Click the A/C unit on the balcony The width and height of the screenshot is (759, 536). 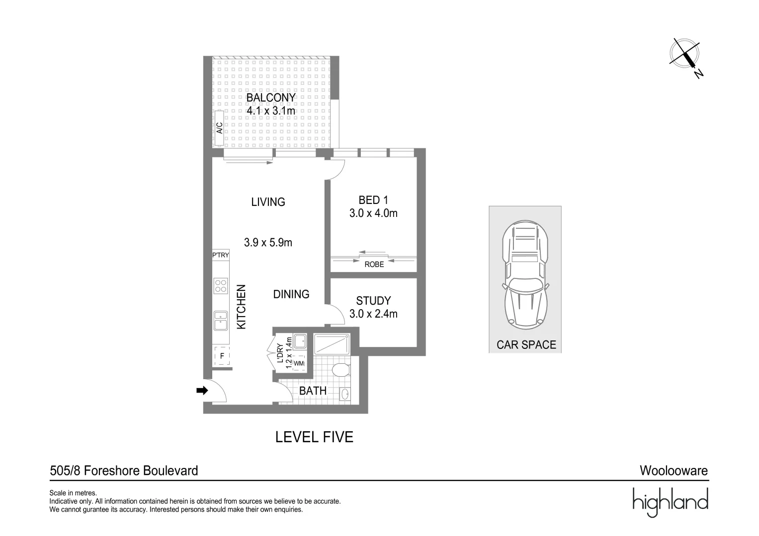click(219, 128)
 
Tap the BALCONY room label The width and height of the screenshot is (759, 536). click(271, 98)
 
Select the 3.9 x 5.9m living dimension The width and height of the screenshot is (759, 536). click(268, 243)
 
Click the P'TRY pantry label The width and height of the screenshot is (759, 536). click(221, 255)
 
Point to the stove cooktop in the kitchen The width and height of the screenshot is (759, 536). click(221, 285)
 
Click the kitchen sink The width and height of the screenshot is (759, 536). click(221, 321)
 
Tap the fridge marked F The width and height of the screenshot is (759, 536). click(222, 356)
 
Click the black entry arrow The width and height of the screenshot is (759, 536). click(202, 391)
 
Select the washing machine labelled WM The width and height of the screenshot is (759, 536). click(299, 363)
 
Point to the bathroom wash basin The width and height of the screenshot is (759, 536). click(344, 395)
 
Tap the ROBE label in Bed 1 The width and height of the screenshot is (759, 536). click(374, 265)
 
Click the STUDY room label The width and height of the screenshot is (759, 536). click(373, 301)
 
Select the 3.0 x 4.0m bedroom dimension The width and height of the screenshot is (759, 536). click(373, 213)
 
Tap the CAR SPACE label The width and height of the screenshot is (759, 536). click(526, 344)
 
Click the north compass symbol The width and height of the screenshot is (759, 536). click(686, 55)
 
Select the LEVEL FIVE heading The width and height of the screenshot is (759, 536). click(314, 437)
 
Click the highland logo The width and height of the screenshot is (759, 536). click(670, 502)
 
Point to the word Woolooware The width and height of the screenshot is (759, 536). click(674, 470)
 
